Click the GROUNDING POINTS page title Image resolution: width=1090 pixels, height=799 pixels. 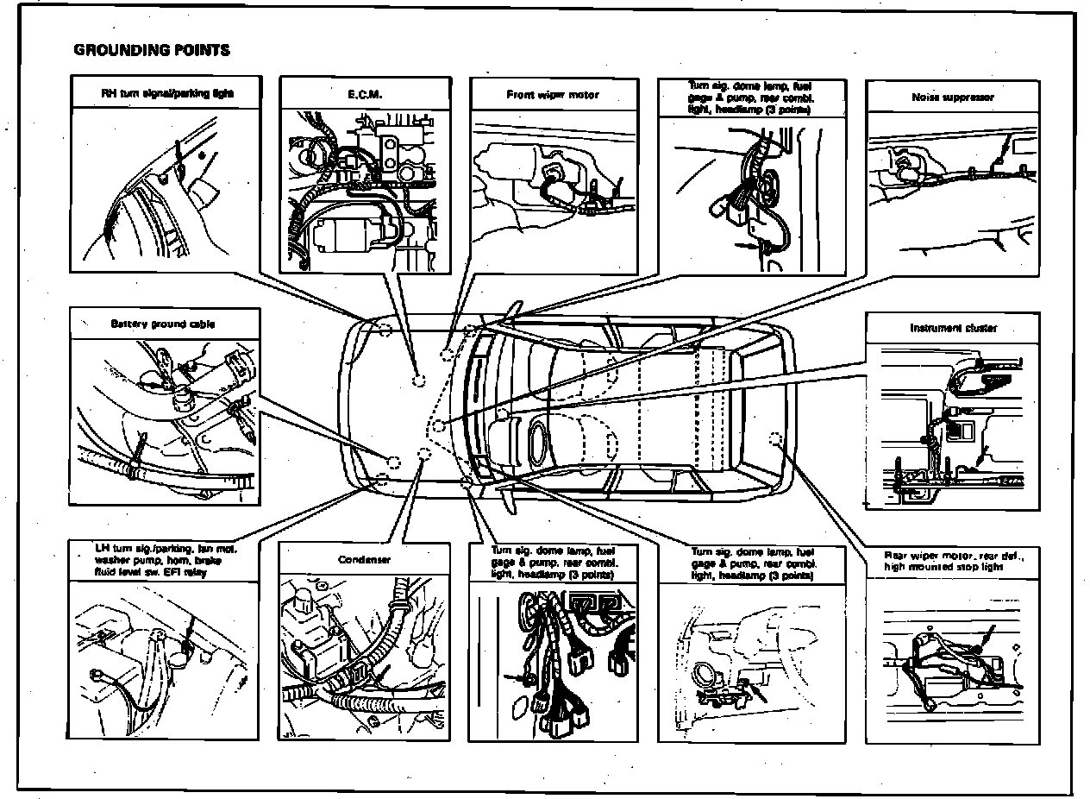(152, 50)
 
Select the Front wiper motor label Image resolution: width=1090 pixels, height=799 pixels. (553, 94)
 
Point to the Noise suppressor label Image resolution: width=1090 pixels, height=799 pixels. (952, 98)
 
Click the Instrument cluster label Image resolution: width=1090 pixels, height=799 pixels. (952, 328)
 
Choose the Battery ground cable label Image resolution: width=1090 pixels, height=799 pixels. (163, 324)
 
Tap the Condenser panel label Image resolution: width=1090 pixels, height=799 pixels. (364, 559)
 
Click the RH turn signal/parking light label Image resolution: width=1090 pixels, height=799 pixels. (167, 91)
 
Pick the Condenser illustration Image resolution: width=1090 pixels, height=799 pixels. (364, 656)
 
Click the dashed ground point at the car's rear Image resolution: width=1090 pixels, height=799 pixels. (774, 437)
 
